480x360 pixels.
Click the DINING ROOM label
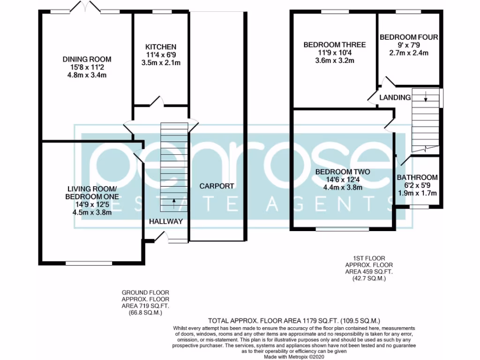point(87,59)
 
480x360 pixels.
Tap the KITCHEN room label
point(160,47)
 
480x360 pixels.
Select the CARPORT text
point(217,186)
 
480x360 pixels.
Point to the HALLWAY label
point(166,221)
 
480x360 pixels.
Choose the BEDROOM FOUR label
point(409,37)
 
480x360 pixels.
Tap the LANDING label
point(395,97)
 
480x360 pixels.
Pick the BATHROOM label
point(417,178)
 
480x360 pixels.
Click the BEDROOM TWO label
point(343,172)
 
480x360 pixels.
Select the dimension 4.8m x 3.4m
point(87,75)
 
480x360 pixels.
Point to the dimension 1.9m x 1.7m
point(417,193)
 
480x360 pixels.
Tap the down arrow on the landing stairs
point(425,97)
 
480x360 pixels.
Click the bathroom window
point(419,206)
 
